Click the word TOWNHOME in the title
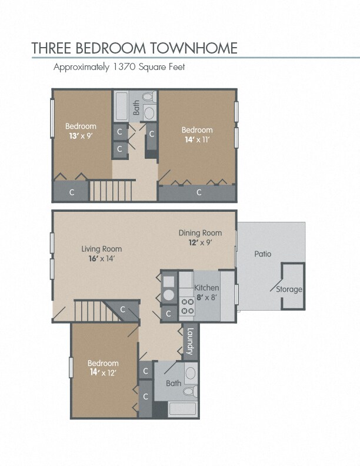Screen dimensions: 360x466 pos(194,48)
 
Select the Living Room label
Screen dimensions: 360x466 pos(102,249)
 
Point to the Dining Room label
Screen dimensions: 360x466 pos(200,233)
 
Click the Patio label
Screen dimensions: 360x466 pos(263,254)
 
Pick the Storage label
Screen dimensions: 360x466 pos(289,289)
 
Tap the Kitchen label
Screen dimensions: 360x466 pos(206,288)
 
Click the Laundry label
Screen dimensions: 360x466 pos(190,341)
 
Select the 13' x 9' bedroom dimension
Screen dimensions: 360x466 pos(81,136)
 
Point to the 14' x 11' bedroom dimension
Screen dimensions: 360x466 pos(197,139)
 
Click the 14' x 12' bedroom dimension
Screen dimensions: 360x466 pos(103,372)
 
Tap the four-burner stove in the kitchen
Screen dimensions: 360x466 pos(187,307)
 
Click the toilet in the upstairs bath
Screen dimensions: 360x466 pos(149,97)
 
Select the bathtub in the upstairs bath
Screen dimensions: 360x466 pos(122,106)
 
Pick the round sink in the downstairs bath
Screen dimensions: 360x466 pos(191,373)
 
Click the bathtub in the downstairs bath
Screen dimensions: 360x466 pos(182,410)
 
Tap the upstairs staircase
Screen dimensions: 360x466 pos(111,191)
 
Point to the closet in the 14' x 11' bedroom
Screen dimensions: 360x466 pos(197,193)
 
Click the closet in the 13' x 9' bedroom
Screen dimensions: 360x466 pos(71,192)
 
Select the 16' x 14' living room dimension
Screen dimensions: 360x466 pos(102,259)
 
